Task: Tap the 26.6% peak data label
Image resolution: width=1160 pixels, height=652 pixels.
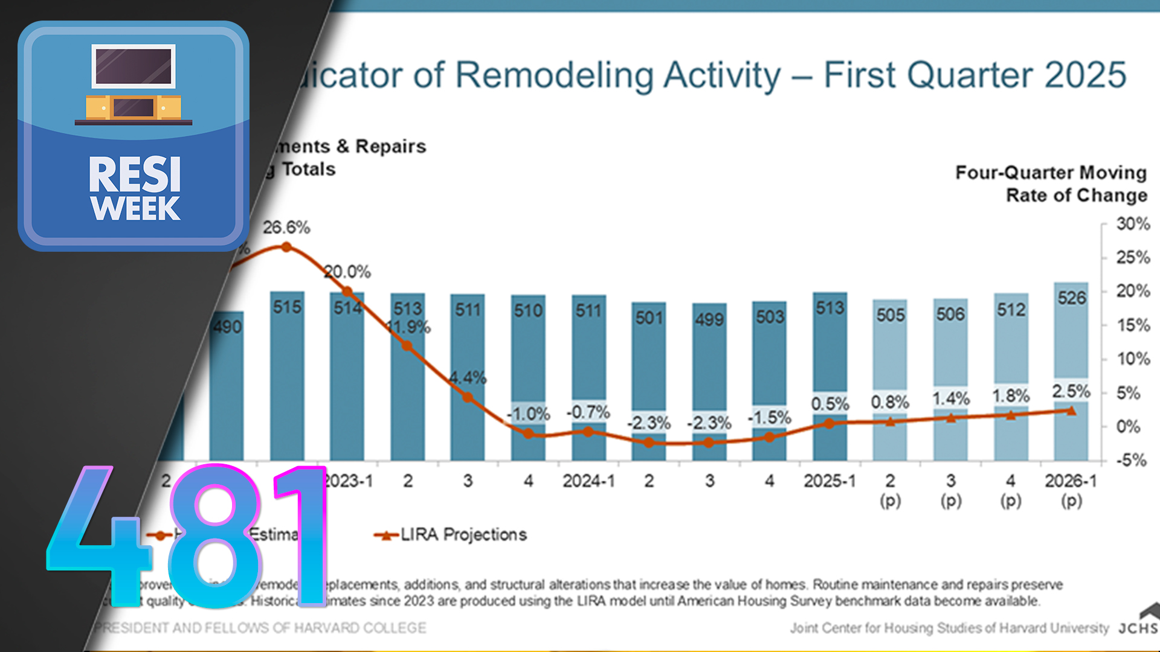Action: tap(286, 228)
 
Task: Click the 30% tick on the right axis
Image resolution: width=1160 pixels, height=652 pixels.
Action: tap(1133, 224)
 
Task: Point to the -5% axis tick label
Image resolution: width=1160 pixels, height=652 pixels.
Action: tap(1131, 461)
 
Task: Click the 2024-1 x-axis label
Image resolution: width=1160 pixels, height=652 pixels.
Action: tap(588, 481)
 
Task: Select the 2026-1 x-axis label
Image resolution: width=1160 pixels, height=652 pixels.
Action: tap(1071, 481)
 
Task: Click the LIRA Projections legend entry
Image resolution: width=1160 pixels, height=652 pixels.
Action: tap(463, 534)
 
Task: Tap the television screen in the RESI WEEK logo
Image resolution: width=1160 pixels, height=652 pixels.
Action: tap(134, 66)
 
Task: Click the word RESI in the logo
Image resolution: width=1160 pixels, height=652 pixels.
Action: tap(135, 174)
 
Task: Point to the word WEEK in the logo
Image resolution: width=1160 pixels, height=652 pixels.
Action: tap(135, 209)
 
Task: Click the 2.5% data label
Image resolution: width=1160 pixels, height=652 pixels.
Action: tap(1071, 391)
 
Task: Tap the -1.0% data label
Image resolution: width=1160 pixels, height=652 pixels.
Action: tap(529, 414)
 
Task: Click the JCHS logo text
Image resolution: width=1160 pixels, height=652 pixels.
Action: tap(1138, 628)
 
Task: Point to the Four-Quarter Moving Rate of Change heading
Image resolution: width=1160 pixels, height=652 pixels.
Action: tap(1051, 184)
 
